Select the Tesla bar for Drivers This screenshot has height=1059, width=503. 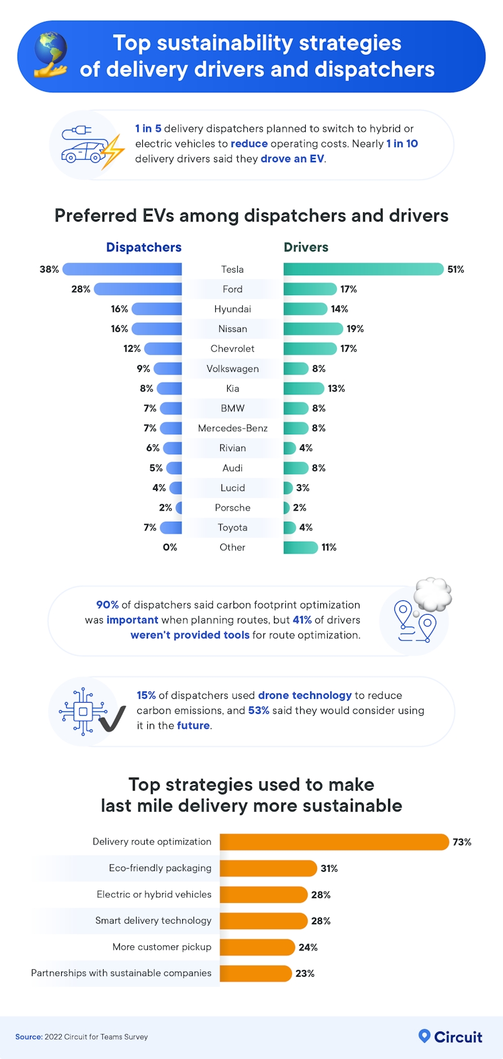tap(363, 269)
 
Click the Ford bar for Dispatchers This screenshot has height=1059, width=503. tap(138, 289)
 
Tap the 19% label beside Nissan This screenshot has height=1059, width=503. tap(355, 329)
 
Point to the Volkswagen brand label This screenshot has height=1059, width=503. tap(232, 369)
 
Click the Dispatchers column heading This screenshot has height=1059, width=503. tap(144, 247)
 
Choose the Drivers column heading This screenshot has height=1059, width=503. tap(306, 247)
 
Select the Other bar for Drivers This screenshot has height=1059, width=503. tap(300, 547)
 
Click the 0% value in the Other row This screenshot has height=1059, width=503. tap(170, 547)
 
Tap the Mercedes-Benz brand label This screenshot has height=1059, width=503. tap(232, 428)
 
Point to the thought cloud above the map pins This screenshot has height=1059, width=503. tap(432, 593)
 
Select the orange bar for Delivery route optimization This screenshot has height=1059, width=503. tap(334, 842)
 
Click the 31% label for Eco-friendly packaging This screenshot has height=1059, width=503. tap(329, 869)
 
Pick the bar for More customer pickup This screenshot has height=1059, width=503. tap(256, 947)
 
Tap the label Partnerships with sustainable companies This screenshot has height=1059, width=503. tap(121, 973)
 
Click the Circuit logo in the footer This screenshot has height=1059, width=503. tap(450, 1037)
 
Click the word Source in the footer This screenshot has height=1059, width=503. tap(28, 1037)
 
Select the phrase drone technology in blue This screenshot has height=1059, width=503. tap(305, 695)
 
